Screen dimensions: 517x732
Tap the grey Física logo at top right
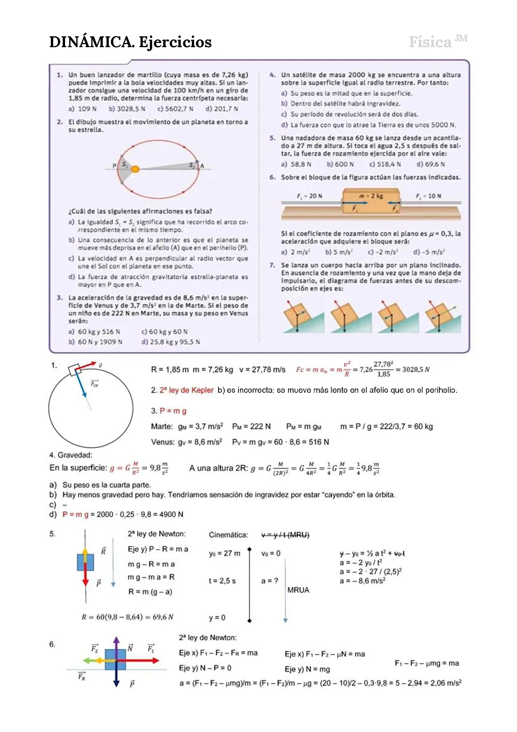pyautogui.click(x=438, y=41)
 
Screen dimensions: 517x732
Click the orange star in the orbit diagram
pyautogui.click(x=135, y=169)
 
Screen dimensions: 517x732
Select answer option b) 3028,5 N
pyautogui.click(x=127, y=109)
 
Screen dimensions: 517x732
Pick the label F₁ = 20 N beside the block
pyautogui.click(x=309, y=196)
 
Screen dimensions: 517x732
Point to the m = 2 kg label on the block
pyautogui.click(x=371, y=196)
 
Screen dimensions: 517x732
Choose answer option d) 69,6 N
pyautogui.click(x=431, y=164)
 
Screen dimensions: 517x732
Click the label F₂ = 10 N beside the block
pyautogui.click(x=428, y=196)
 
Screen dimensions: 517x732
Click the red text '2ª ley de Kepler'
pyautogui.click(x=186, y=390)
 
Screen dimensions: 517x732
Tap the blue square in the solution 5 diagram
pyautogui.click(x=85, y=562)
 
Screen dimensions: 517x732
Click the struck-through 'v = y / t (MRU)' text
pyautogui.click(x=286, y=535)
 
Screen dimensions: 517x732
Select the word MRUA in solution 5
pyautogui.click(x=298, y=590)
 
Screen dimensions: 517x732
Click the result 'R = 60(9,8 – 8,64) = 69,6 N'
pyautogui.click(x=128, y=617)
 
